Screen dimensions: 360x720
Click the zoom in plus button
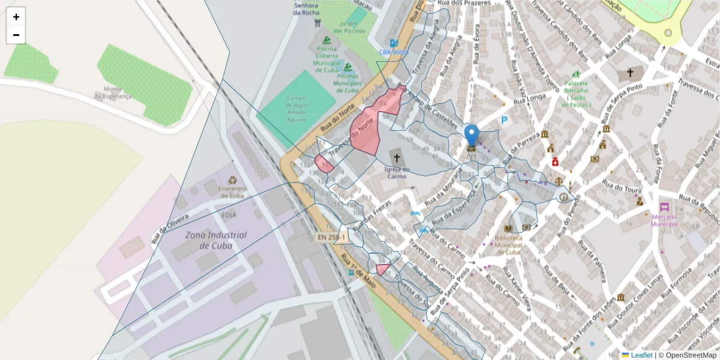click(x=16, y=17)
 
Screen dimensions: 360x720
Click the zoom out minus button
click(x=16, y=35)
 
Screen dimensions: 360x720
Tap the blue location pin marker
click(x=472, y=136)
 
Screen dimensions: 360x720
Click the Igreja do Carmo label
click(x=396, y=173)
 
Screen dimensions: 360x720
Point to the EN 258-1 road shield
click(x=332, y=238)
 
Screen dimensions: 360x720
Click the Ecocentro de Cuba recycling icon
click(x=232, y=179)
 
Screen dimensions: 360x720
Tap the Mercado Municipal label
click(x=664, y=220)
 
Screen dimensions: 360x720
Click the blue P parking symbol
click(x=505, y=121)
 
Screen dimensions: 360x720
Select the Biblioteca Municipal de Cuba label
click(x=509, y=245)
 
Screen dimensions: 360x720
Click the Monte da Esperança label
click(x=113, y=92)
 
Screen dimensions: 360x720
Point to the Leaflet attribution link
click(x=641, y=355)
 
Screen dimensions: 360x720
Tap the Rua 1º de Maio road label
click(x=359, y=271)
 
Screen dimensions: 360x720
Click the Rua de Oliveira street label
click(x=170, y=229)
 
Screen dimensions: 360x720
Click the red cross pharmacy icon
click(x=556, y=162)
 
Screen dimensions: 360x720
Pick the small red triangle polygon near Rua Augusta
click(x=382, y=269)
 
